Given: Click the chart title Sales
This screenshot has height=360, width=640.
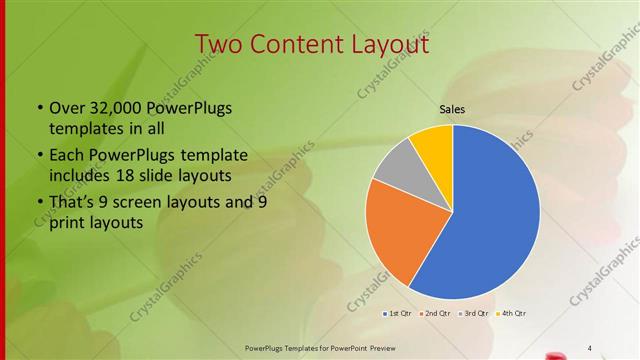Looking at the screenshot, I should pos(453,109).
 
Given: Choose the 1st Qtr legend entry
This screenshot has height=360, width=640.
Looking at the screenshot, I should pos(400,314).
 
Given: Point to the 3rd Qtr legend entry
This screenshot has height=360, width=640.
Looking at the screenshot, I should pos(473,314).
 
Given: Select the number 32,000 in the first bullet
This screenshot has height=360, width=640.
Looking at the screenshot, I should pos(109,108).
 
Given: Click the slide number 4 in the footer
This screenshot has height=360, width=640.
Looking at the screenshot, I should pos(590,347).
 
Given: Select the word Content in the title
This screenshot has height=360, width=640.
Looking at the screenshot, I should pos(291,45).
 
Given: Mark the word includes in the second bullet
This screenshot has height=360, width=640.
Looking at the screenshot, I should pos(81,175).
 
